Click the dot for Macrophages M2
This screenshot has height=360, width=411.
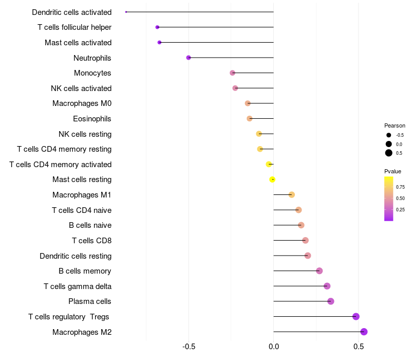364,332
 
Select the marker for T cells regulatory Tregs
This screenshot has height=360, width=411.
356,317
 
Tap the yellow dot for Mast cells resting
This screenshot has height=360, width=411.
272,179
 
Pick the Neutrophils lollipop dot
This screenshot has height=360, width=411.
189,58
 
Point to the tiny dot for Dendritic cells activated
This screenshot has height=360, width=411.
126,12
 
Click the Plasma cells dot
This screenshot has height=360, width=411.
330,301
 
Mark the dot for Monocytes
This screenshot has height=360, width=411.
232,73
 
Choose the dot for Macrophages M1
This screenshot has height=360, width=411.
291,195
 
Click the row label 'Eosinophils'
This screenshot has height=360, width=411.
92,119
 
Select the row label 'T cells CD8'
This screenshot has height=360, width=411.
91,241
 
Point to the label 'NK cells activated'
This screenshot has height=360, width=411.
81,88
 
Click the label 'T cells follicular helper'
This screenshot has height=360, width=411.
74,27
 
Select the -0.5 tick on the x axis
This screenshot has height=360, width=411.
189,347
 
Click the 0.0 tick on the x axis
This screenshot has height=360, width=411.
274,347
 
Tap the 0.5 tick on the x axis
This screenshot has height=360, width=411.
359,347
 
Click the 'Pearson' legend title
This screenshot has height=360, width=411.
395,125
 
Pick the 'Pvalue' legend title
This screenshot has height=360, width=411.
393,171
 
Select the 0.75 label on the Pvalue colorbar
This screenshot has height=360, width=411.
400,187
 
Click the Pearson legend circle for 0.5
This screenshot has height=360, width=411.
389,153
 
